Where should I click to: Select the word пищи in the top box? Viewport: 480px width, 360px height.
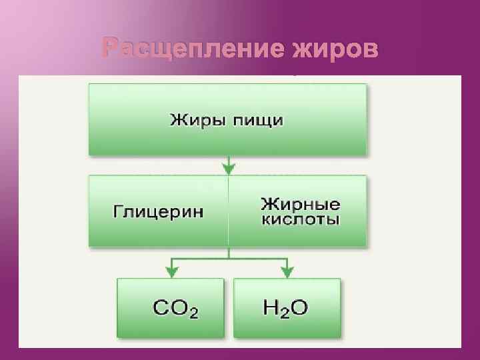coord(258,121)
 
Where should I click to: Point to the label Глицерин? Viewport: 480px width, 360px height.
coord(157,211)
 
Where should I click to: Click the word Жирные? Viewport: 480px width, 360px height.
coord(300,203)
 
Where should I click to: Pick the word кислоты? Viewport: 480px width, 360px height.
coord(300,219)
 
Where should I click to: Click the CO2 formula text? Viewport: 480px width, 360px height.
coord(175,308)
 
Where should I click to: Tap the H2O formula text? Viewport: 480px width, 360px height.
coord(286,307)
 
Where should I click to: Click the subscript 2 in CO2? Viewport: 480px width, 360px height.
coord(193,313)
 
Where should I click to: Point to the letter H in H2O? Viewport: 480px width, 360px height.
coord(271,307)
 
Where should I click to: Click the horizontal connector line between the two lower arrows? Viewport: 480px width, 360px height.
coord(229,257)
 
